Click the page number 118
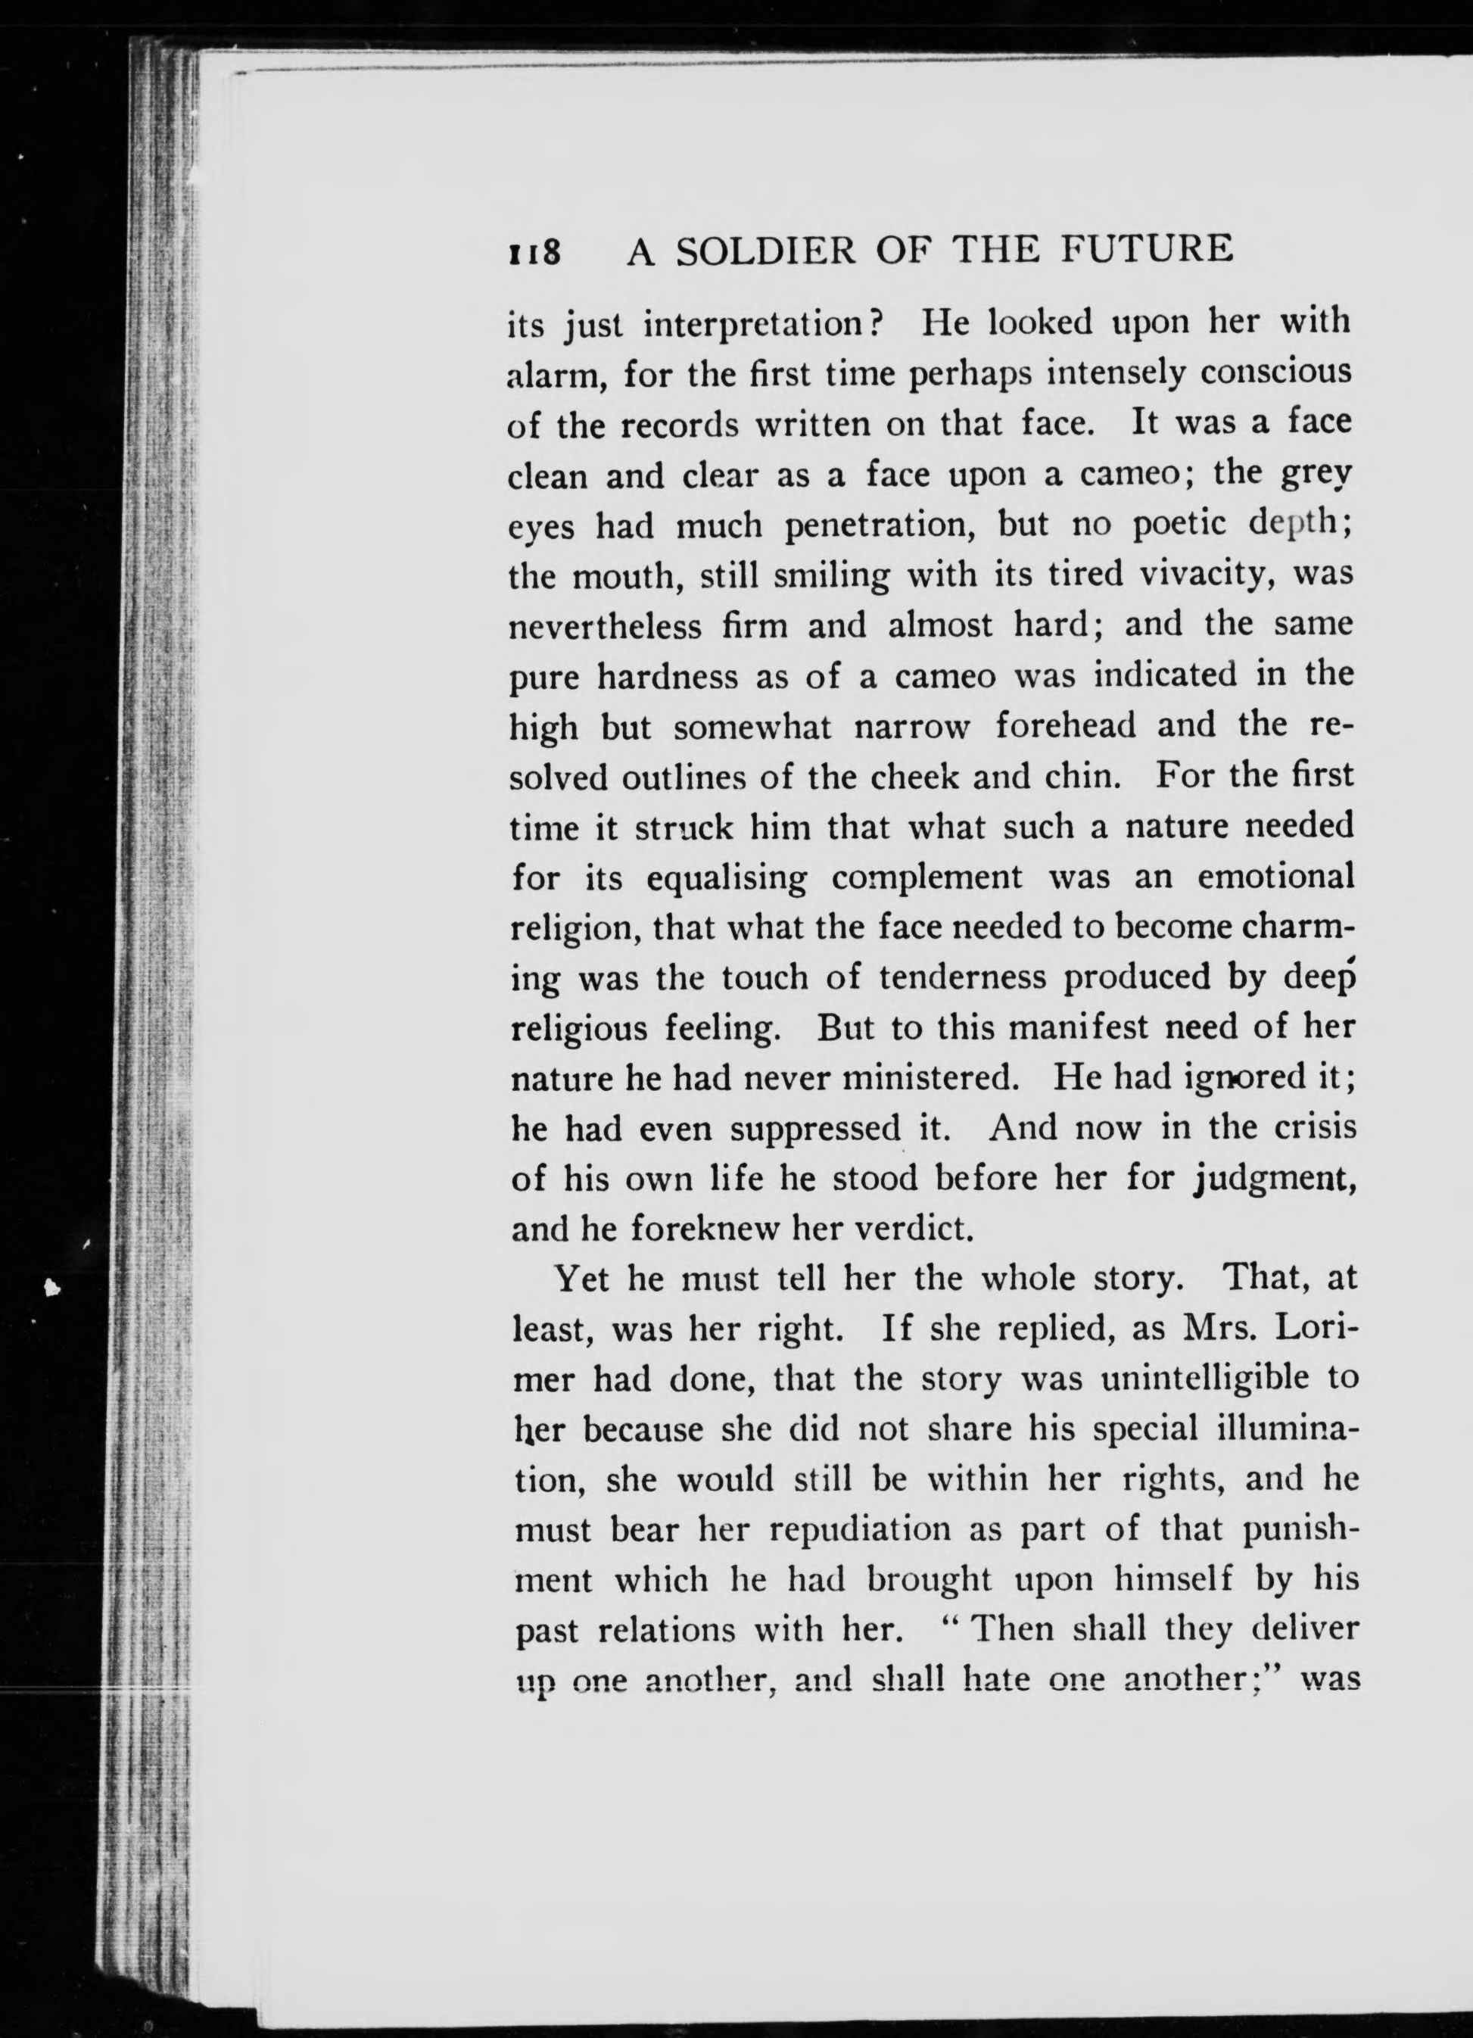pyautogui.click(x=536, y=251)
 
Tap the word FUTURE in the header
pyautogui.click(x=1147, y=249)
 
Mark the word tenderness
pyautogui.click(x=963, y=977)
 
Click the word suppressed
pyautogui.click(x=814, y=1129)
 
